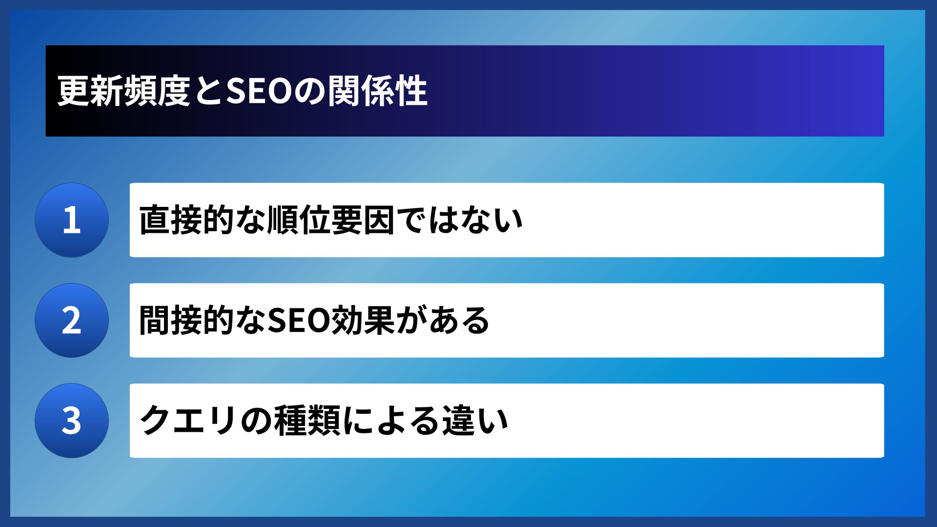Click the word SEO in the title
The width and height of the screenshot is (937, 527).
[259, 91]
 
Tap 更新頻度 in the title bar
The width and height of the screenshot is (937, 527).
[124, 91]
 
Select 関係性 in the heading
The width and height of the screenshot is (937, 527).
[378, 91]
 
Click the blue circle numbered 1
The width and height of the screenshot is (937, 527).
[72, 220]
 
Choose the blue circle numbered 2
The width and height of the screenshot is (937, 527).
[72, 321]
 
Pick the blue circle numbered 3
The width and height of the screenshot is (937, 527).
[72, 421]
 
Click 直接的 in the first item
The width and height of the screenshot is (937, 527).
[186, 220]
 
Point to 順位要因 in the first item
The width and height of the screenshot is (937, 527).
[331, 220]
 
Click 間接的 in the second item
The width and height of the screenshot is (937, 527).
[186, 321]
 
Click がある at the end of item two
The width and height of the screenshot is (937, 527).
[443, 321]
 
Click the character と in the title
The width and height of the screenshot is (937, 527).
[208, 91]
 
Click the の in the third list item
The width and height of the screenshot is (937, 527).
[256, 421]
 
